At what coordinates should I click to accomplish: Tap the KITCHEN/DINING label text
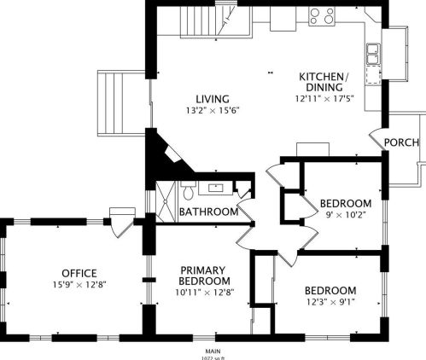(321, 82)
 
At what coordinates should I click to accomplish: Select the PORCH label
(401, 142)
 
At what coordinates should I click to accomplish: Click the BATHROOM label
(207, 212)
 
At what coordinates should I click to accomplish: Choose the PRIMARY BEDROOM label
(205, 276)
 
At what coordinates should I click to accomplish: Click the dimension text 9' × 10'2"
(345, 215)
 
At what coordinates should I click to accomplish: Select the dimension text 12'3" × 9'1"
(330, 301)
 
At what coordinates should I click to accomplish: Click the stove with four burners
(322, 15)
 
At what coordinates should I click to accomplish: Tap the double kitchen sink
(373, 54)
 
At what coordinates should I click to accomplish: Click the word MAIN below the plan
(213, 351)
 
